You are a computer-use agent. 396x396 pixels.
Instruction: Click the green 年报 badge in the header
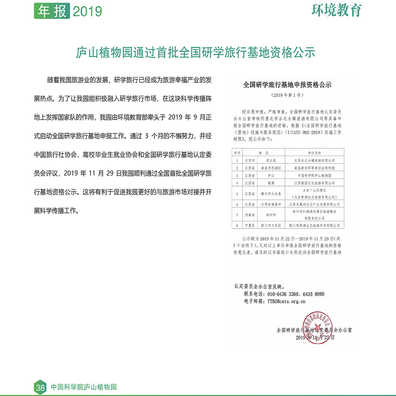pos(52,11)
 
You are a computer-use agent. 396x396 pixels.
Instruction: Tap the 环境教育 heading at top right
pos(337,10)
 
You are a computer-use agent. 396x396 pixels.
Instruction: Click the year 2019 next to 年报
pos(88,11)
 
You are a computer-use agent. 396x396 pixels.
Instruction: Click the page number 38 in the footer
pos(40,388)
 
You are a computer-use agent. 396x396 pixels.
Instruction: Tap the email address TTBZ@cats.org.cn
pos(286,301)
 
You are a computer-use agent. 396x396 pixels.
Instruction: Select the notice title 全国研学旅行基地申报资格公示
pos(287,84)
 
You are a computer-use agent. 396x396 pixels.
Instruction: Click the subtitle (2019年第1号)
pos(287,95)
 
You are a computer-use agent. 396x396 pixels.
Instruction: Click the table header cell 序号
pos(237,153)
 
